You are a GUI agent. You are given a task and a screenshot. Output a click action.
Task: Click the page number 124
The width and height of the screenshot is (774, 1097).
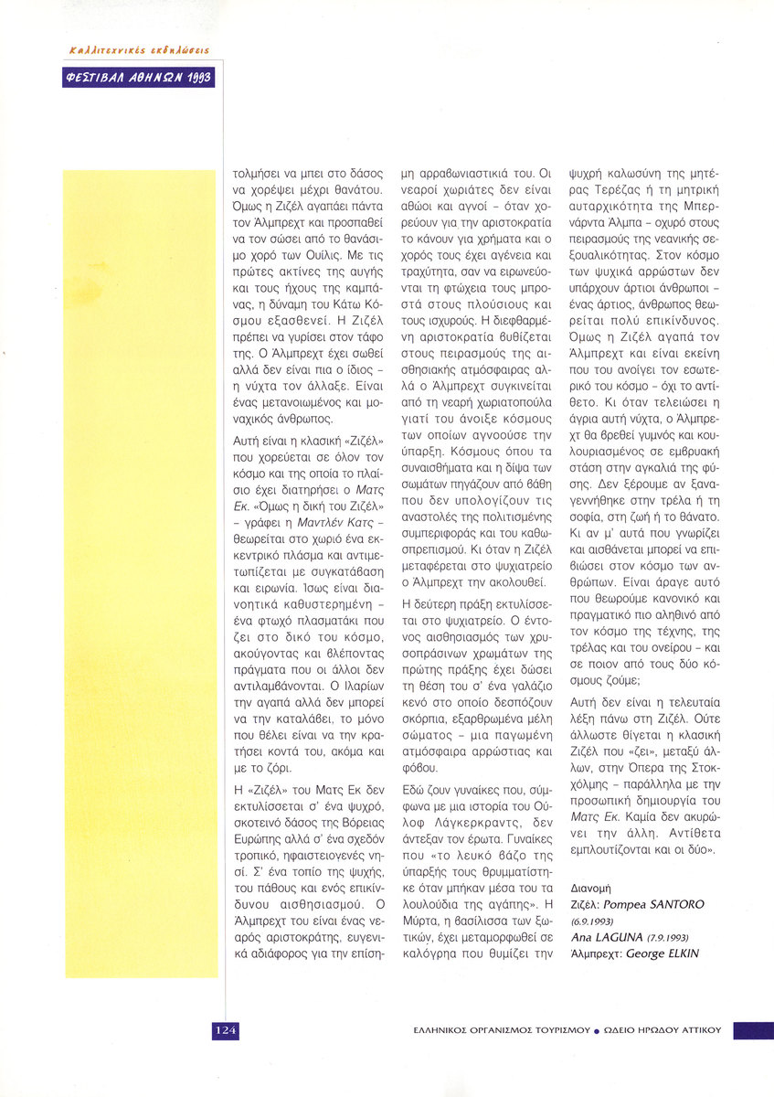(226, 1030)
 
